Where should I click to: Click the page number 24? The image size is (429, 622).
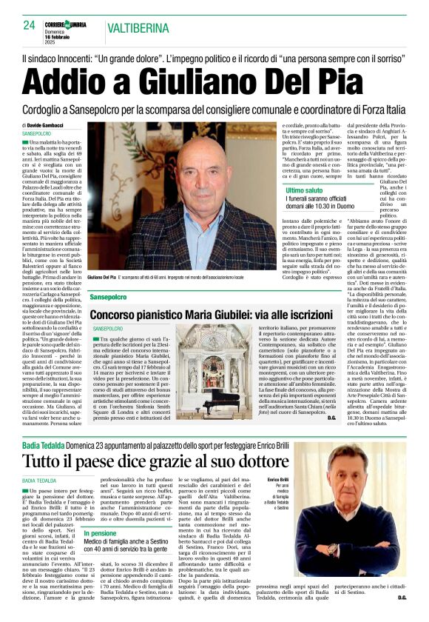[29, 25]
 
